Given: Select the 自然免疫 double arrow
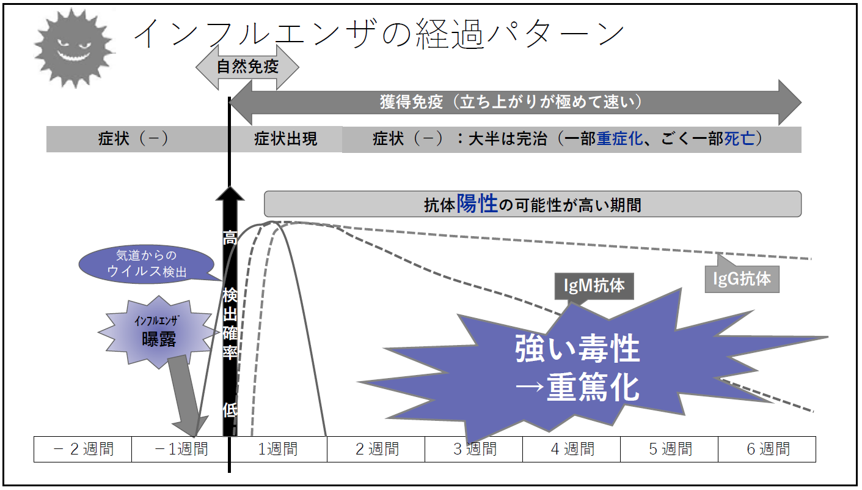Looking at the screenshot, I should (x=247, y=67).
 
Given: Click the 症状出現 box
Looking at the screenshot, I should (x=285, y=139).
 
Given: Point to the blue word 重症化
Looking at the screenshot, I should (x=619, y=139).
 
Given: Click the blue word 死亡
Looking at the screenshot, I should (x=740, y=139).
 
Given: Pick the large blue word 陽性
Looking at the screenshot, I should (x=477, y=204).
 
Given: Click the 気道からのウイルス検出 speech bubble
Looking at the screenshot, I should (x=147, y=264).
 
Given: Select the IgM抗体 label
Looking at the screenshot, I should (x=594, y=285).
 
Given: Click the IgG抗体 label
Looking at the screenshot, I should (x=742, y=279).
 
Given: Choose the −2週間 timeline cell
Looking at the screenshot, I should (x=83, y=450).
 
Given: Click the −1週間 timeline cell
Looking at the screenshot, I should (x=181, y=450).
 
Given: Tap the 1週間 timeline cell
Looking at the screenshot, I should (x=278, y=450).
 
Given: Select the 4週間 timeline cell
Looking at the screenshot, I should (x=572, y=450).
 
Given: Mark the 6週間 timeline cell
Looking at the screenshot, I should (x=767, y=450).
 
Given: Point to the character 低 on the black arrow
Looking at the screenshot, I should (x=229, y=409).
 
